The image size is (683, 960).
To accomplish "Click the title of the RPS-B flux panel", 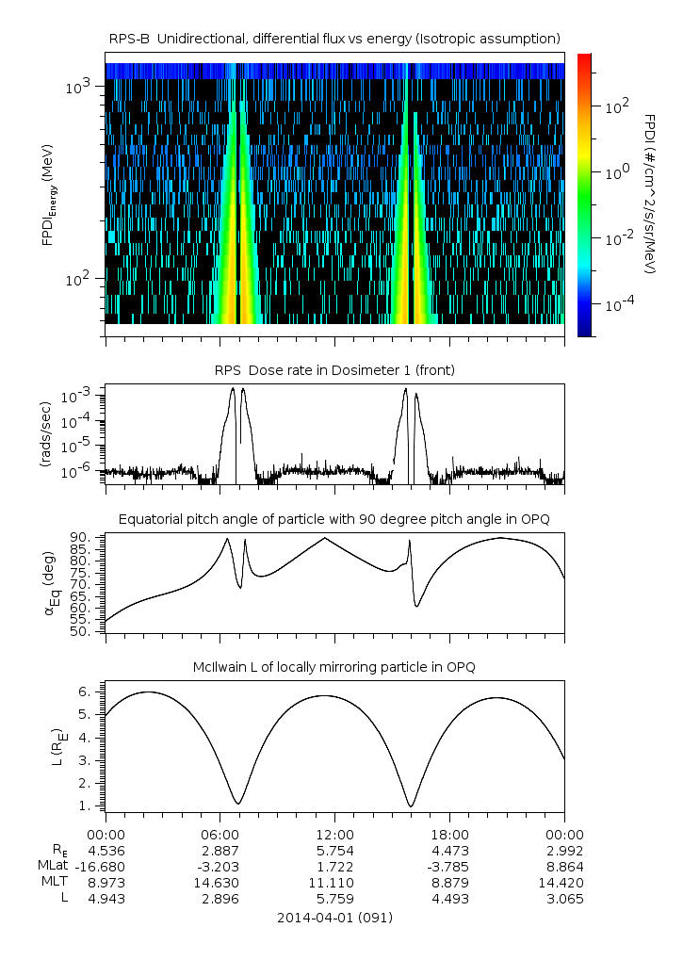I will (x=334, y=38).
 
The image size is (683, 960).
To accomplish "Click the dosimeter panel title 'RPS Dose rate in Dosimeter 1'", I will (x=334, y=370).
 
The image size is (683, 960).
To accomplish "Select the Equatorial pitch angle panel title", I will (x=334, y=519).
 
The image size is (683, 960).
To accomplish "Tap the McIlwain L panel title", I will (x=334, y=667).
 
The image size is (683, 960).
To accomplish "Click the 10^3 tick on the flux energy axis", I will (x=77, y=87).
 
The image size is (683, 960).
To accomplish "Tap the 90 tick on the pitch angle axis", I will (x=82, y=537).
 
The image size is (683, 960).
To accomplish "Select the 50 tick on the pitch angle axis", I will (x=82, y=631).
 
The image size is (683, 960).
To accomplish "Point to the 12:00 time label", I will (x=334, y=834).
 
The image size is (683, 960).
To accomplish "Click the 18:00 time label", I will (x=449, y=834).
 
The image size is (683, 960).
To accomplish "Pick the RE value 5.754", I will (x=334, y=850).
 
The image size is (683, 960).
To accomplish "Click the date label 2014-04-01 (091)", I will (x=334, y=918).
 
